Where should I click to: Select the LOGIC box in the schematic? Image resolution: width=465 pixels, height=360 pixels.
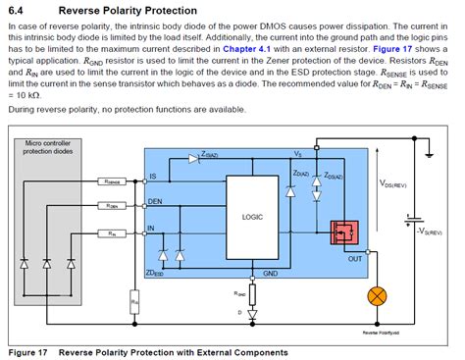point(252,217)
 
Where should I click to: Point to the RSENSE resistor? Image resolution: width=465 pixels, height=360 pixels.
point(112,181)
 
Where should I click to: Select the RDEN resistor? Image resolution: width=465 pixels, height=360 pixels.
point(112,206)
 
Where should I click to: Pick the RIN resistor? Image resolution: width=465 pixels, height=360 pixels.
point(112,232)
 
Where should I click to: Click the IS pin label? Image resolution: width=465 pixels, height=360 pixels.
point(153,177)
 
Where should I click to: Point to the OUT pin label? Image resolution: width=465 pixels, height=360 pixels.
point(355,260)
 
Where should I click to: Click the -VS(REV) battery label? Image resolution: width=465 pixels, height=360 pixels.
point(429,231)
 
